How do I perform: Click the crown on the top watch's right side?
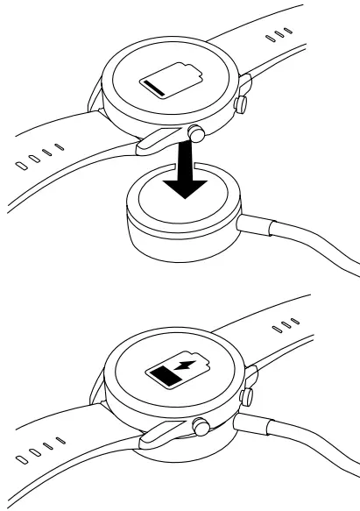(238, 106)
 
